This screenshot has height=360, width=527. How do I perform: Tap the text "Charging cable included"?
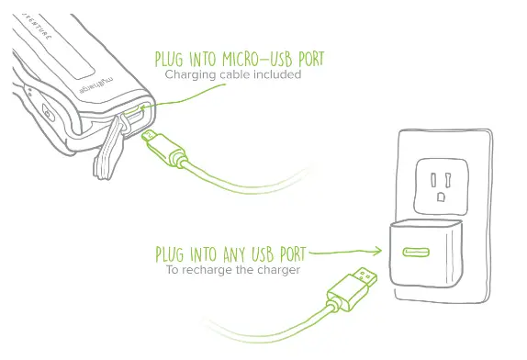233,75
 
